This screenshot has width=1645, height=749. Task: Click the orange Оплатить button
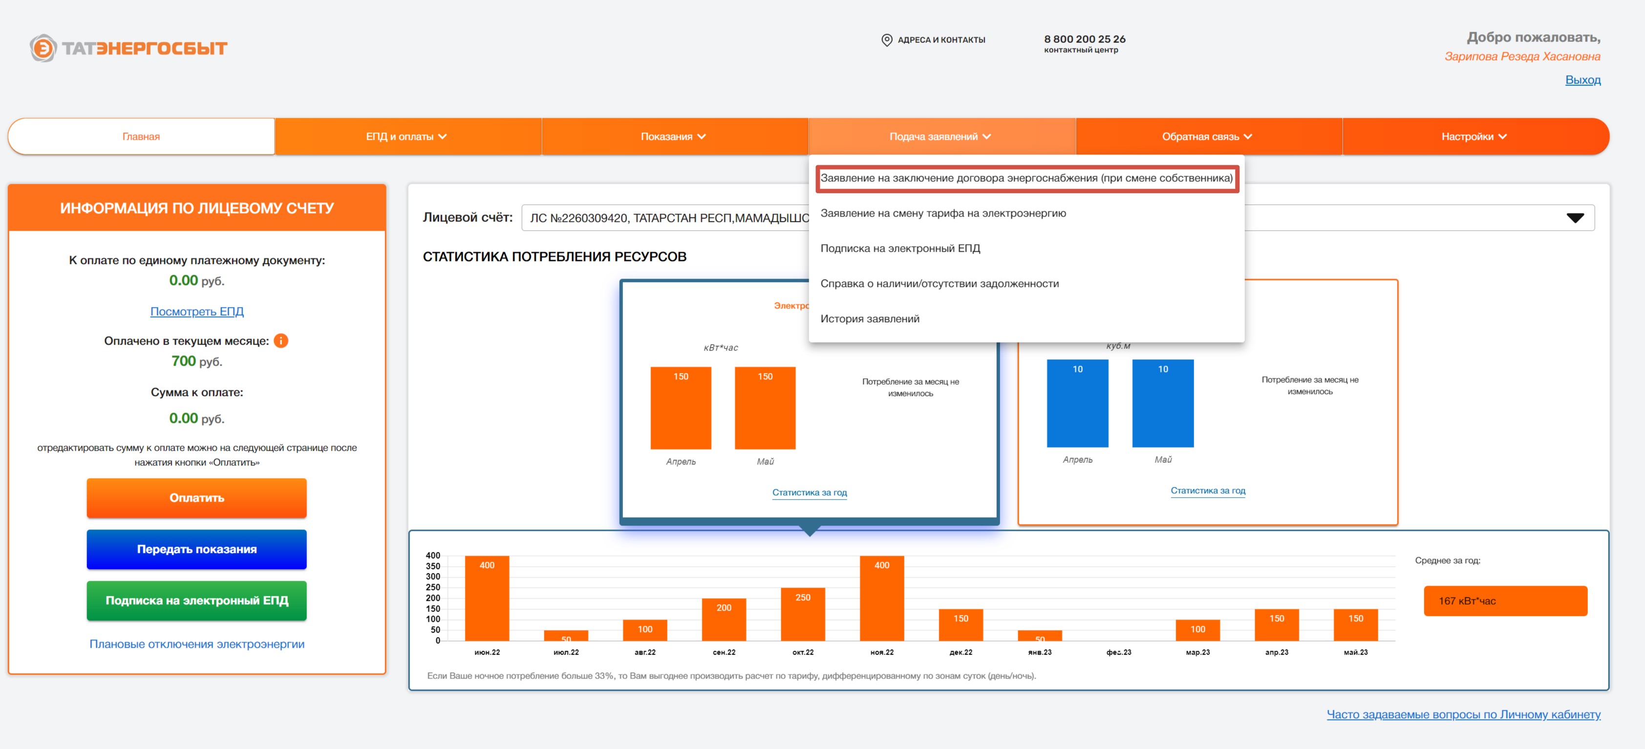tap(197, 498)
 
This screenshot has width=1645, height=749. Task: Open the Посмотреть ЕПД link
tap(197, 311)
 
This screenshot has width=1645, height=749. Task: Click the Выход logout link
tap(1582, 80)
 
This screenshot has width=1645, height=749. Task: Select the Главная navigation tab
tap(141, 136)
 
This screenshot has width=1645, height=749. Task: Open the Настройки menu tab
tap(1474, 136)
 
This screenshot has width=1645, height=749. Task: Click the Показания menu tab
tap(674, 136)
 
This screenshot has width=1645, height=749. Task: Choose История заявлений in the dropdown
tap(870, 318)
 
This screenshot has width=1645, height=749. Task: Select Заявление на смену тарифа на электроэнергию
tap(943, 213)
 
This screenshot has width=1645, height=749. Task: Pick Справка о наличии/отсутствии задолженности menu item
tap(940, 283)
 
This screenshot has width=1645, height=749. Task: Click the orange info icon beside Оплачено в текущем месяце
tap(281, 341)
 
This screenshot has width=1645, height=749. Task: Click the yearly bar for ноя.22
tap(882, 598)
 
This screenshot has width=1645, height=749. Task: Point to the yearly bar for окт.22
tap(803, 614)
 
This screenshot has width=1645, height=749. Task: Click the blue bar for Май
tap(1163, 403)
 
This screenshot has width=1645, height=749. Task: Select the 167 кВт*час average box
tap(1505, 601)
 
